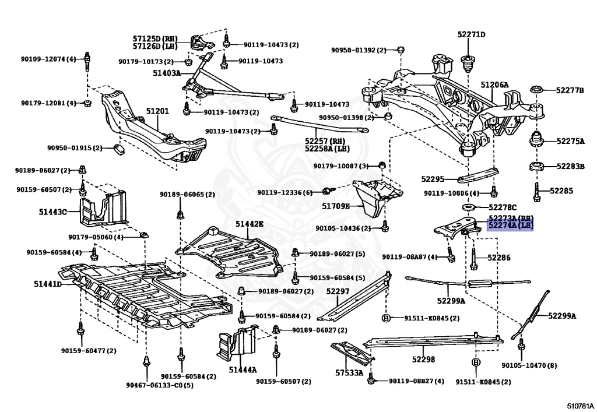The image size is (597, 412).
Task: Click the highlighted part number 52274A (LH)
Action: click(510, 225)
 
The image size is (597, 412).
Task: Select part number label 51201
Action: click(157, 111)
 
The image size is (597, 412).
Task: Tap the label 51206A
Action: click(494, 85)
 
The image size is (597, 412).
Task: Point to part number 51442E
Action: click(250, 224)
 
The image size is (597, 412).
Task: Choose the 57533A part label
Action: click(349, 372)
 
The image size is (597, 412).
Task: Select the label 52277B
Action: click(570, 90)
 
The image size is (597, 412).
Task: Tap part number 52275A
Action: click(570, 141)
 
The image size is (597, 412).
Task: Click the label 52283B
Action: click(570, 167)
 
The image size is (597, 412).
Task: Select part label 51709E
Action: click(336, 206)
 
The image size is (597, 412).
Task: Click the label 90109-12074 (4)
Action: click(48, 59)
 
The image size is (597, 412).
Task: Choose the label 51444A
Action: click(243, 369)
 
